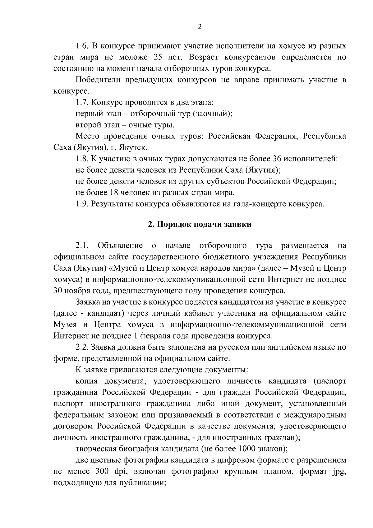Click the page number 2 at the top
coord(200,27)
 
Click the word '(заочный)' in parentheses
coord(212,114)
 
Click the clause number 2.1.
coord(82,246)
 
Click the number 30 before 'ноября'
coord(58,291)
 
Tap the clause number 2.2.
coord(82,347)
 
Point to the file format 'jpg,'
coord(339,472)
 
